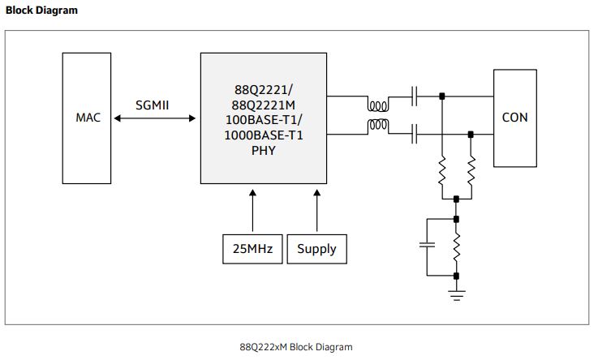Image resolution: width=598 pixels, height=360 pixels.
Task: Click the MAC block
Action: coord(88,118)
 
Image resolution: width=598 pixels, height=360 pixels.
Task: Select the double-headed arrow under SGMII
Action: coord(155,118)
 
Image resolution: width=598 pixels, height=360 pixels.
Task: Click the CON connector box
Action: coord(514,118)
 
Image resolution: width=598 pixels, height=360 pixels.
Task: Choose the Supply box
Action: coord(316,249)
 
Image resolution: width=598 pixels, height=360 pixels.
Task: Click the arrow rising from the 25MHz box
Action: coord(252,211)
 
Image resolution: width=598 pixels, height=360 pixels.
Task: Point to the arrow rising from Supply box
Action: coord(316,211)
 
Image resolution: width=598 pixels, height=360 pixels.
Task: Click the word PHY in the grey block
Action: coord(264,150)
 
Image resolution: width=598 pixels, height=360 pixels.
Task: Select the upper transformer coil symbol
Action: coord(377,106)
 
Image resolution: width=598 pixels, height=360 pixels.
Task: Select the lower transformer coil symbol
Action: coord(377,126)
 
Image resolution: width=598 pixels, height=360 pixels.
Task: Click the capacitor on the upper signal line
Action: coord(415,97)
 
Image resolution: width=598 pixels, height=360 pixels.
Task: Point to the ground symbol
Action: coord(457,294)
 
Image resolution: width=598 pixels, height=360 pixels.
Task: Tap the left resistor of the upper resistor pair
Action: coord(442,171)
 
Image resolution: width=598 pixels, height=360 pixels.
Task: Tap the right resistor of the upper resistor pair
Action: coord(471,171)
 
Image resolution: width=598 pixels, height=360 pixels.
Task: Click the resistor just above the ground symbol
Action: coord(457,247)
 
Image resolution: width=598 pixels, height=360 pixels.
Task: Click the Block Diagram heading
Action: coord(42,11)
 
